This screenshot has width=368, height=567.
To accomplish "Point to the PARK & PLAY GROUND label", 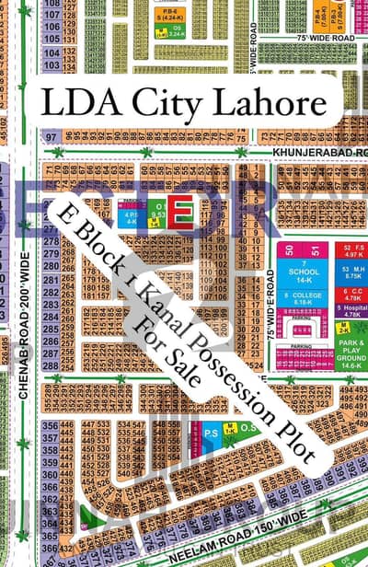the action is coord(350,351).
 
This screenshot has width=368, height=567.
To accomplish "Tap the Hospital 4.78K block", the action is coord(350,311).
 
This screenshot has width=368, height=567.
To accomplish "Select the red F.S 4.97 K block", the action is coord(350,252).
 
